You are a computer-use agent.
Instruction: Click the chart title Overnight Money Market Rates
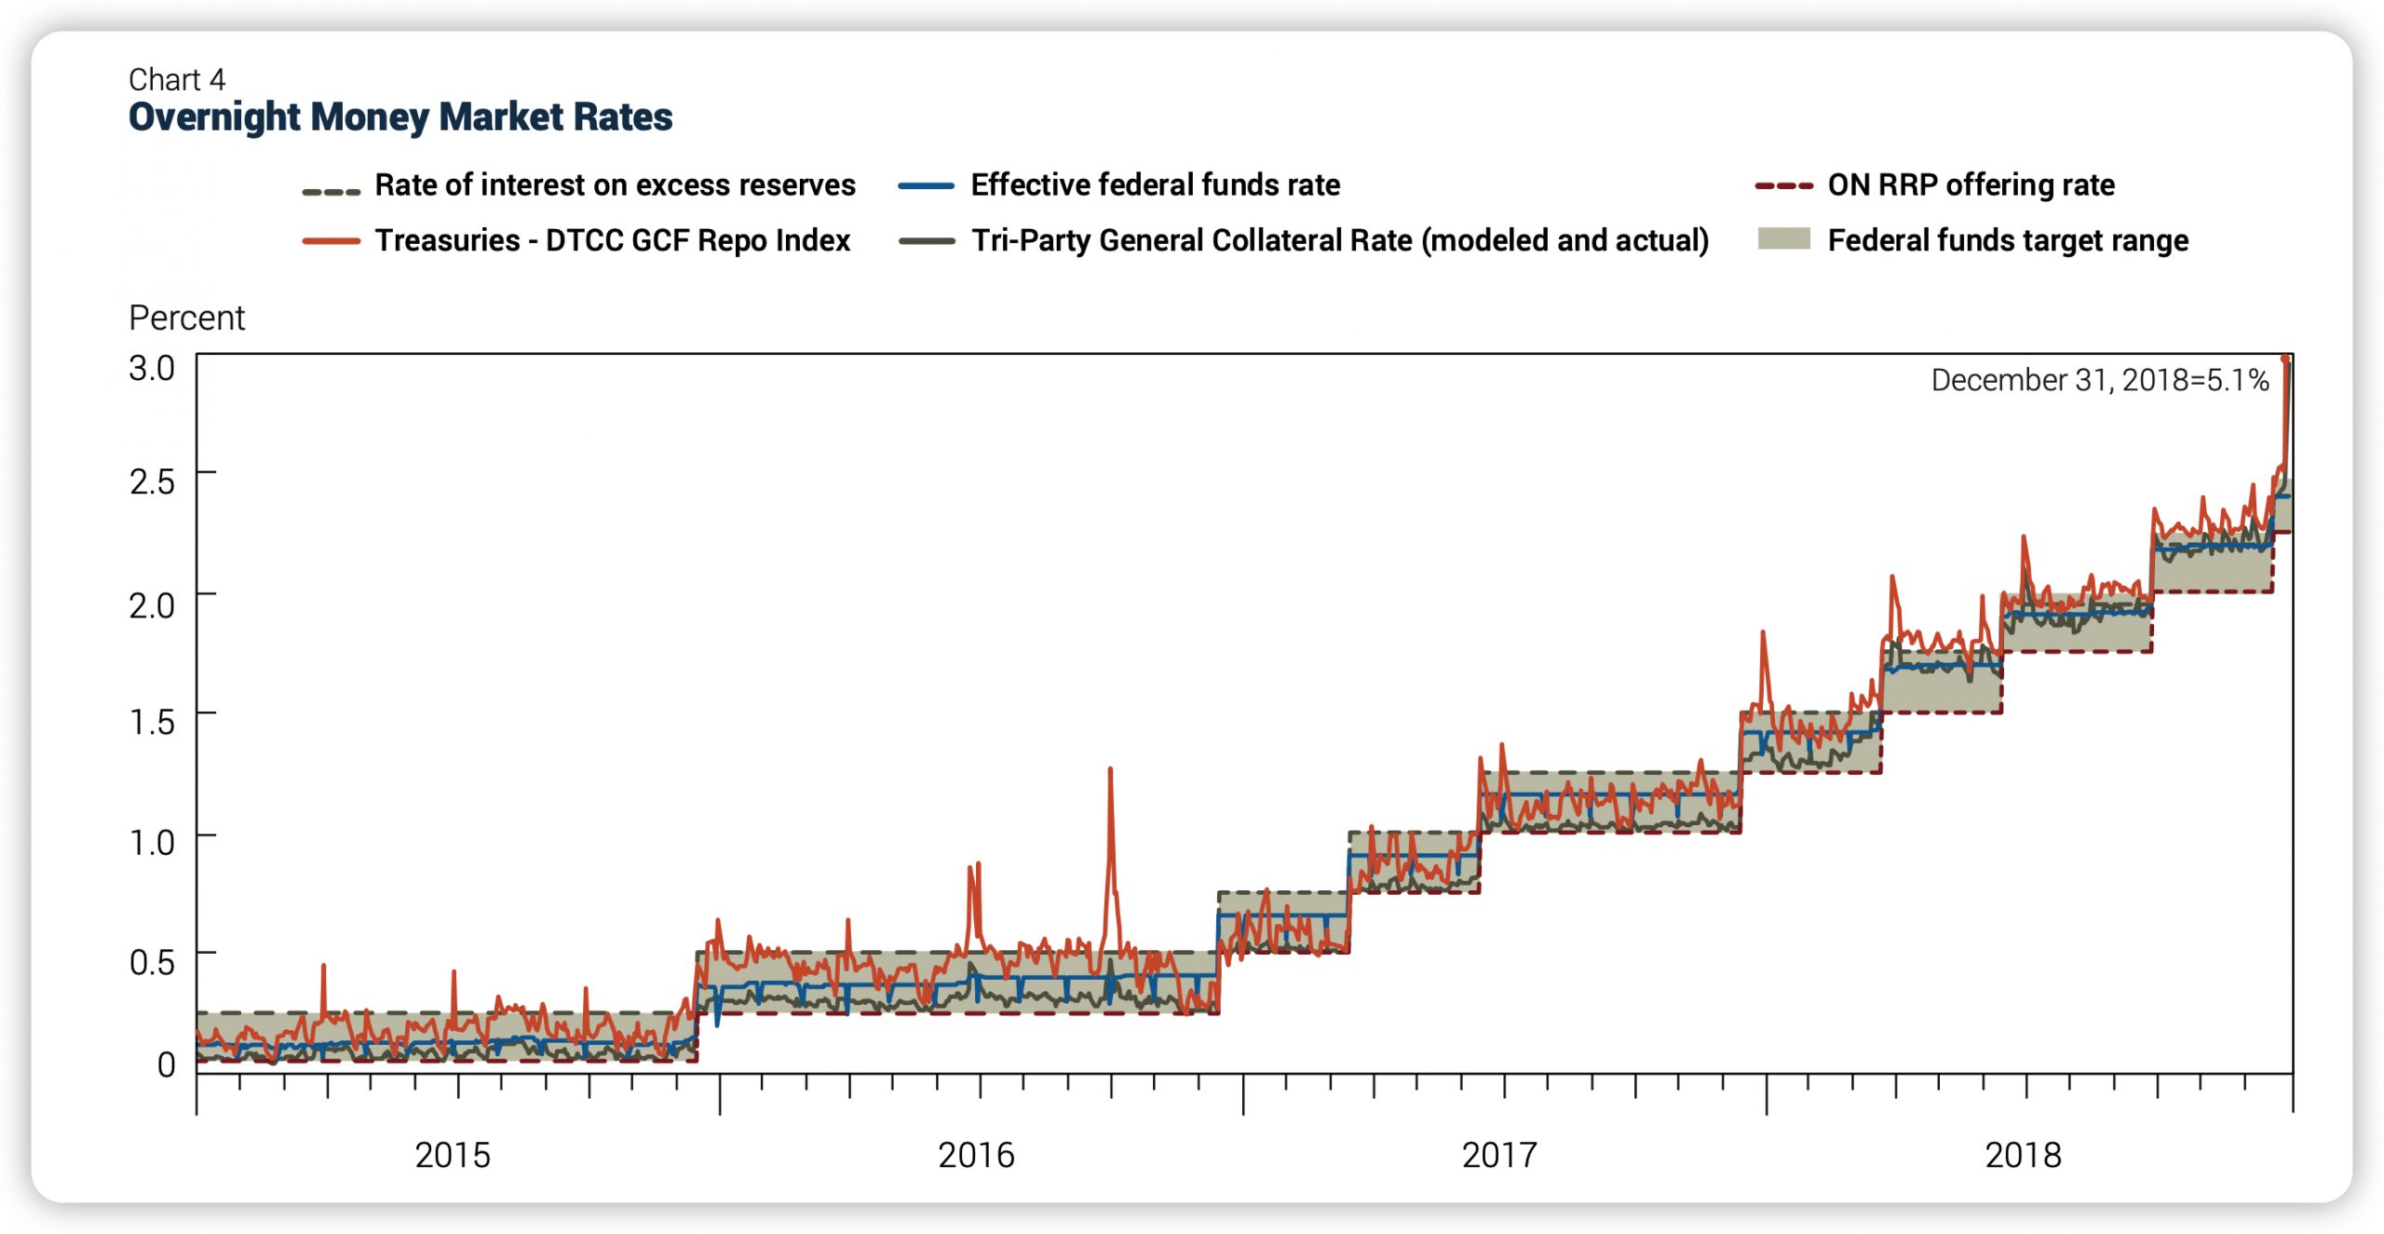[x=400, y=117]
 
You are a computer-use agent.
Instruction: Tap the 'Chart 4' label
[x=177, y=80]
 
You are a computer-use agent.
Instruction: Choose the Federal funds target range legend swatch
[x=1783, y=239]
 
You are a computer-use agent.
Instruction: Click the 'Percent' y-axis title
[x=186, y=319]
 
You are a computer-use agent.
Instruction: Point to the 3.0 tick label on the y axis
[x=152, y=368]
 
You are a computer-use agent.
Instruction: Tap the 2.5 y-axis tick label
[x=152, y=481]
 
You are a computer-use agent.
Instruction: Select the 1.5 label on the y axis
[x=152, y=722]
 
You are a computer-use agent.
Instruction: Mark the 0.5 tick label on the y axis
[x=152, y=962]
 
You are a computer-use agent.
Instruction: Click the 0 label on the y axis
[x=166, y=1064]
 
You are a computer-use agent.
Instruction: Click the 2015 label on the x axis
[x=453, y=1156]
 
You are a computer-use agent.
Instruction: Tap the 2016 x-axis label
[x=976, y=1156]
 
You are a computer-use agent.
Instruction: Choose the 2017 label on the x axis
[x=1499, y=1156]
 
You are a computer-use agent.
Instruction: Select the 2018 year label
[x=2023, y=1156]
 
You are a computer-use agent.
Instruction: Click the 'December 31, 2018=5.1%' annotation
[x=2099, y=380]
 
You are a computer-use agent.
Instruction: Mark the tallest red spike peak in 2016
[x=1110, y=769]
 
